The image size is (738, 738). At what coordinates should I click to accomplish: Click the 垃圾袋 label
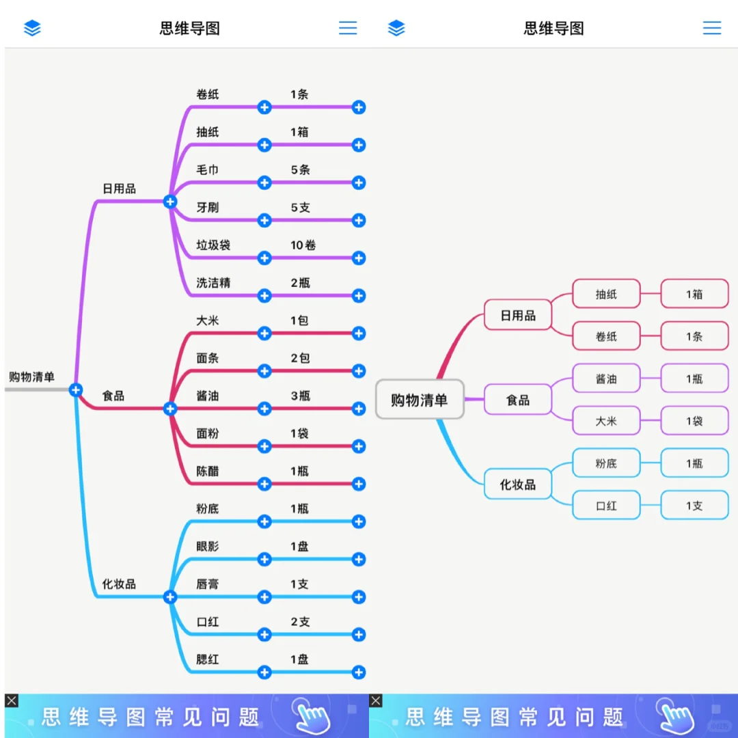click(x=213, y=245)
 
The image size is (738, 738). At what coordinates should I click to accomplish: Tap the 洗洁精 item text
click(x=213, y=283)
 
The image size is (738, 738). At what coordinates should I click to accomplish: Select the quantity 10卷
click(x=303, y=245)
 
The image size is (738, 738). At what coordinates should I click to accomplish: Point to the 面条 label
click(x=208, y=358)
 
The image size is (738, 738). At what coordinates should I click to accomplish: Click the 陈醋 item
click(x=208, y=471)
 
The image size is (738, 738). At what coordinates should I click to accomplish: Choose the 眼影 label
click(x=208, y=547)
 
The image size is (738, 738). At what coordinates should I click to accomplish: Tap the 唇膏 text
click(x=208, y=584)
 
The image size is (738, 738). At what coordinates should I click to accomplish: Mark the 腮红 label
click(x=208, y=659)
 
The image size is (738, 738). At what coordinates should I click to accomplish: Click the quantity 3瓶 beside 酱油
click(x=300, y=396)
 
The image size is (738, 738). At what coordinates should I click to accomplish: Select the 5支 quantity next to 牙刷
click(x=300, y=207)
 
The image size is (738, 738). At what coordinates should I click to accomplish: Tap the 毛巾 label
click(x=208, y=169)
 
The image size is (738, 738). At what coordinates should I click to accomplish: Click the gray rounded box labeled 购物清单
click(x=420, y=400)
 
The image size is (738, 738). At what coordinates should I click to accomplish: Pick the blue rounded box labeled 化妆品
click(x=518, y=484)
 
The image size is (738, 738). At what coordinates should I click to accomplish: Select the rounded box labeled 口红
click(x=606, y=506)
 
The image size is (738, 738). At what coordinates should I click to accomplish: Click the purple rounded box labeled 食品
click(x=518, y=400)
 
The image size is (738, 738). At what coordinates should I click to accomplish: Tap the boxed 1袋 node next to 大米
click(x=694, y=421)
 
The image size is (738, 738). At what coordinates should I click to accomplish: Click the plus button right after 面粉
click(x=264, y=446)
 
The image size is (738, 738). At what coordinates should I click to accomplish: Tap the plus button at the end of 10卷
click(x=359, y=258)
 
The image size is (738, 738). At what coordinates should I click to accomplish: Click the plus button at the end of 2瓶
click(x=359, y=295)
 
